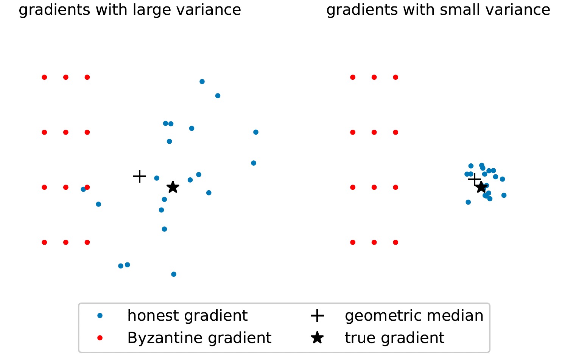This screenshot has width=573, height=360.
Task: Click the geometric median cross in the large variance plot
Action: [x=140, y=176]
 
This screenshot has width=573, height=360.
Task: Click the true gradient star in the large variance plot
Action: [x=173, y=187]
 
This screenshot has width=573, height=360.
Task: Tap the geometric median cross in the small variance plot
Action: [x=475, y=179]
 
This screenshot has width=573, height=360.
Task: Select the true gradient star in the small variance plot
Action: [x=481, y=187]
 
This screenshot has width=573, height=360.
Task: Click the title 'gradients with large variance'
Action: [x=130, y=10]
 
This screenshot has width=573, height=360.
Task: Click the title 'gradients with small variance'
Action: [x=438, y=10]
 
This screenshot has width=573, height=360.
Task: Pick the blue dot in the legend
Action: [x=100, y=316]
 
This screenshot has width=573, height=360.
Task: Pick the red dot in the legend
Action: [x=100, y=338]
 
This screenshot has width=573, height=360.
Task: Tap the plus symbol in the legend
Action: [x=317, y=316]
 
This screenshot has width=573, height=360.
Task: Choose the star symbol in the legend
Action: [x=317, y=338]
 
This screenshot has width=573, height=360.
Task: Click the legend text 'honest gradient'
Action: [x=187, y=316]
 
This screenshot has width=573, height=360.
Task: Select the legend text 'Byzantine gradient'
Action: [x=199, y=338]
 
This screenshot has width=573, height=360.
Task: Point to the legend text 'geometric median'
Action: [x=414, y=316]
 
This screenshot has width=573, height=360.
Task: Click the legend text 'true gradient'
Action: [x=394, y=338]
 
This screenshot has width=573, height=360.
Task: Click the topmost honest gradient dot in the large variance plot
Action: [x=202, y=82]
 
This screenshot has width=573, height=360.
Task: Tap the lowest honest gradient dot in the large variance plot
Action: [x=174, y=274]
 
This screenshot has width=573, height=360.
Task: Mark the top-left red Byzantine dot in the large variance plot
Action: [x=44, y=77]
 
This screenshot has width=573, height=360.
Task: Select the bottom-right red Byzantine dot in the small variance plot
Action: [x=395, y=242]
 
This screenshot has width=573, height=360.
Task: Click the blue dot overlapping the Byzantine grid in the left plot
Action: [x=83, y=189]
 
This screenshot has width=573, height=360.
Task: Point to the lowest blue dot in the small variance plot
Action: [x=468, y=202]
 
